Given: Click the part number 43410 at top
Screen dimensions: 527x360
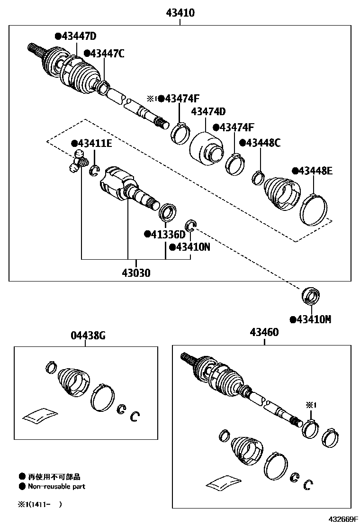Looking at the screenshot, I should pyautogui.click(x=180, y=13).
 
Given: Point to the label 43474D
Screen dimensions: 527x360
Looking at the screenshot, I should pyautogui.click(x=208, y=112).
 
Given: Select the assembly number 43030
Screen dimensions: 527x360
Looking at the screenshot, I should pyautogui.click(x=136, y=273).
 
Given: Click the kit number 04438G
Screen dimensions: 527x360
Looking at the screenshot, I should pyautogui.click(x=88, y=336).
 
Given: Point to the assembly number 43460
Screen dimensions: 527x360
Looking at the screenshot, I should pyautogui.click(x=264, y=333).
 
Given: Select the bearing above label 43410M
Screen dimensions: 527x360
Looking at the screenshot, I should pyautogui.click(x=310, y=297).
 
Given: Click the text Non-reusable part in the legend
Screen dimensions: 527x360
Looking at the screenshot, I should pyautogui.click(x=56, y=486).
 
